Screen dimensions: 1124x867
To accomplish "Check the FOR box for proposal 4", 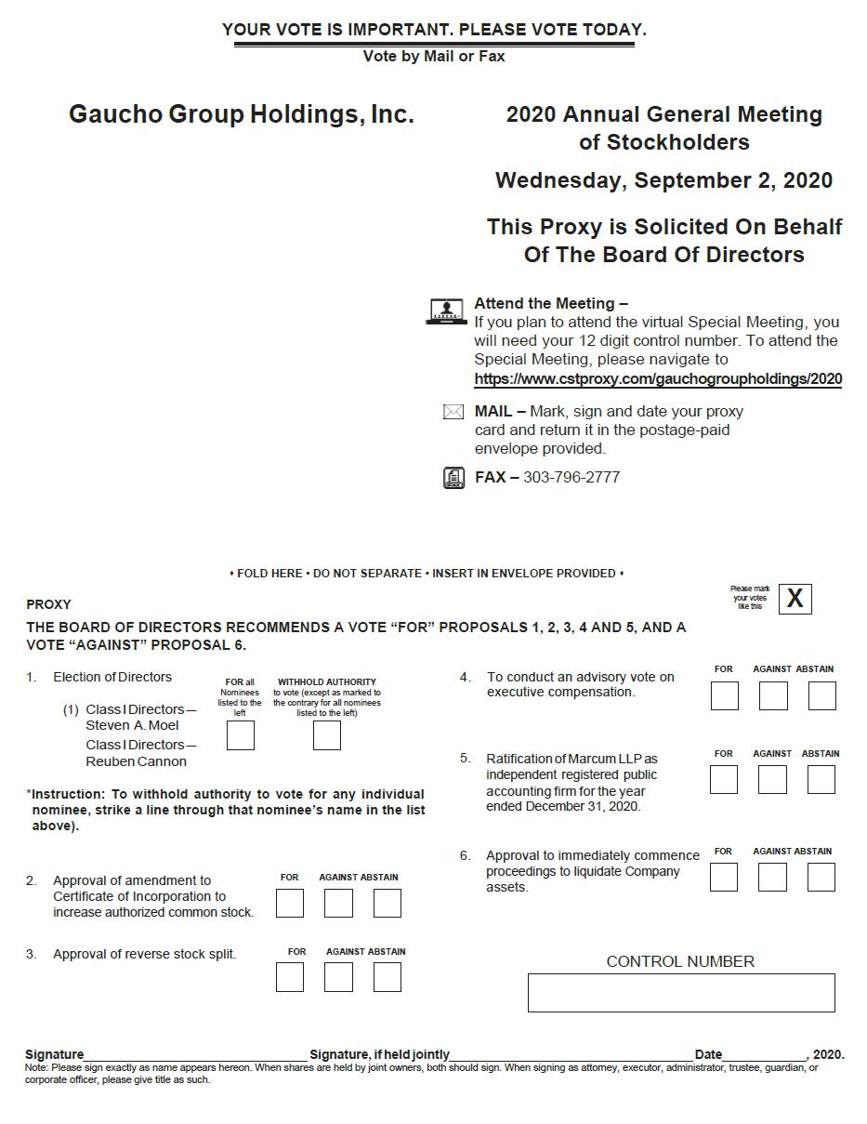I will [x=725, y=695].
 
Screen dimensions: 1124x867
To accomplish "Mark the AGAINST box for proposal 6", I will [x=772, y=877].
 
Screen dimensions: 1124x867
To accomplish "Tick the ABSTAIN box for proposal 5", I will [x=821, y=779].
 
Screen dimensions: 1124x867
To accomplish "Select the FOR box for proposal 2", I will [x=290, y=903].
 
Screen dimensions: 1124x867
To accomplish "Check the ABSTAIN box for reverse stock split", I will [x=388, y=977].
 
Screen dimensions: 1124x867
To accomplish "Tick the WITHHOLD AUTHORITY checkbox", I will [x=327, y=735].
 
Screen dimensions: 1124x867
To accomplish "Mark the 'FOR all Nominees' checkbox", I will [x=241, y=735].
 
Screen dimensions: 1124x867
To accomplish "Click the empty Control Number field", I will [x=681, y=993].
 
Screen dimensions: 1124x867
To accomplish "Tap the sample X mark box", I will [x=795, y=599].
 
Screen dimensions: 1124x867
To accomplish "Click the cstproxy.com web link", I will [x=658, y=379].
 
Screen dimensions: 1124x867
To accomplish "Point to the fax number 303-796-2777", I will [x=571, y=478].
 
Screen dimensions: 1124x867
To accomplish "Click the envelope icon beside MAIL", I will [x=453, y=412].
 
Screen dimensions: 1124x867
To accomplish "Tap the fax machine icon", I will [x=453, y=478].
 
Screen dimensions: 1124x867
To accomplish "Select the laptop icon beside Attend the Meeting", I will [x=447, y=311].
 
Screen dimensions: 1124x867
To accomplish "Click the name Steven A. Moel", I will [x=132, y=725].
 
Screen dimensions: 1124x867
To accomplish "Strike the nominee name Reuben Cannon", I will [x=136, y=761].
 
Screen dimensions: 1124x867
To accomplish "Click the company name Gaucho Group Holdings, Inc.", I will [x=242, y=114].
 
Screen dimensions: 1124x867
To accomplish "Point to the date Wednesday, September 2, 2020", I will [x=663, y=180].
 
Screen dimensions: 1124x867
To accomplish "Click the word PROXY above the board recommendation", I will [x=48, y=604].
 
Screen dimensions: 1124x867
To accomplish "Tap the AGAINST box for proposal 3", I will [x=338, y=977].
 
